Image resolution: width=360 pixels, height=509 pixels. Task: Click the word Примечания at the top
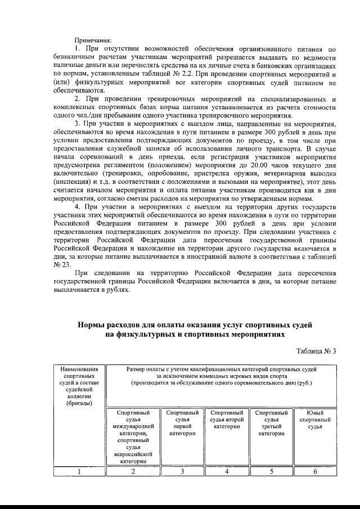(x=93, y=39)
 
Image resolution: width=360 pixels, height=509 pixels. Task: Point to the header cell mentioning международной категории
(x=133, y=430)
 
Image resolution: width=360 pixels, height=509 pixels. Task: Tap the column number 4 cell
(x=226, y=472)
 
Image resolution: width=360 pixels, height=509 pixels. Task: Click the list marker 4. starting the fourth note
(x=78, y=208)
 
